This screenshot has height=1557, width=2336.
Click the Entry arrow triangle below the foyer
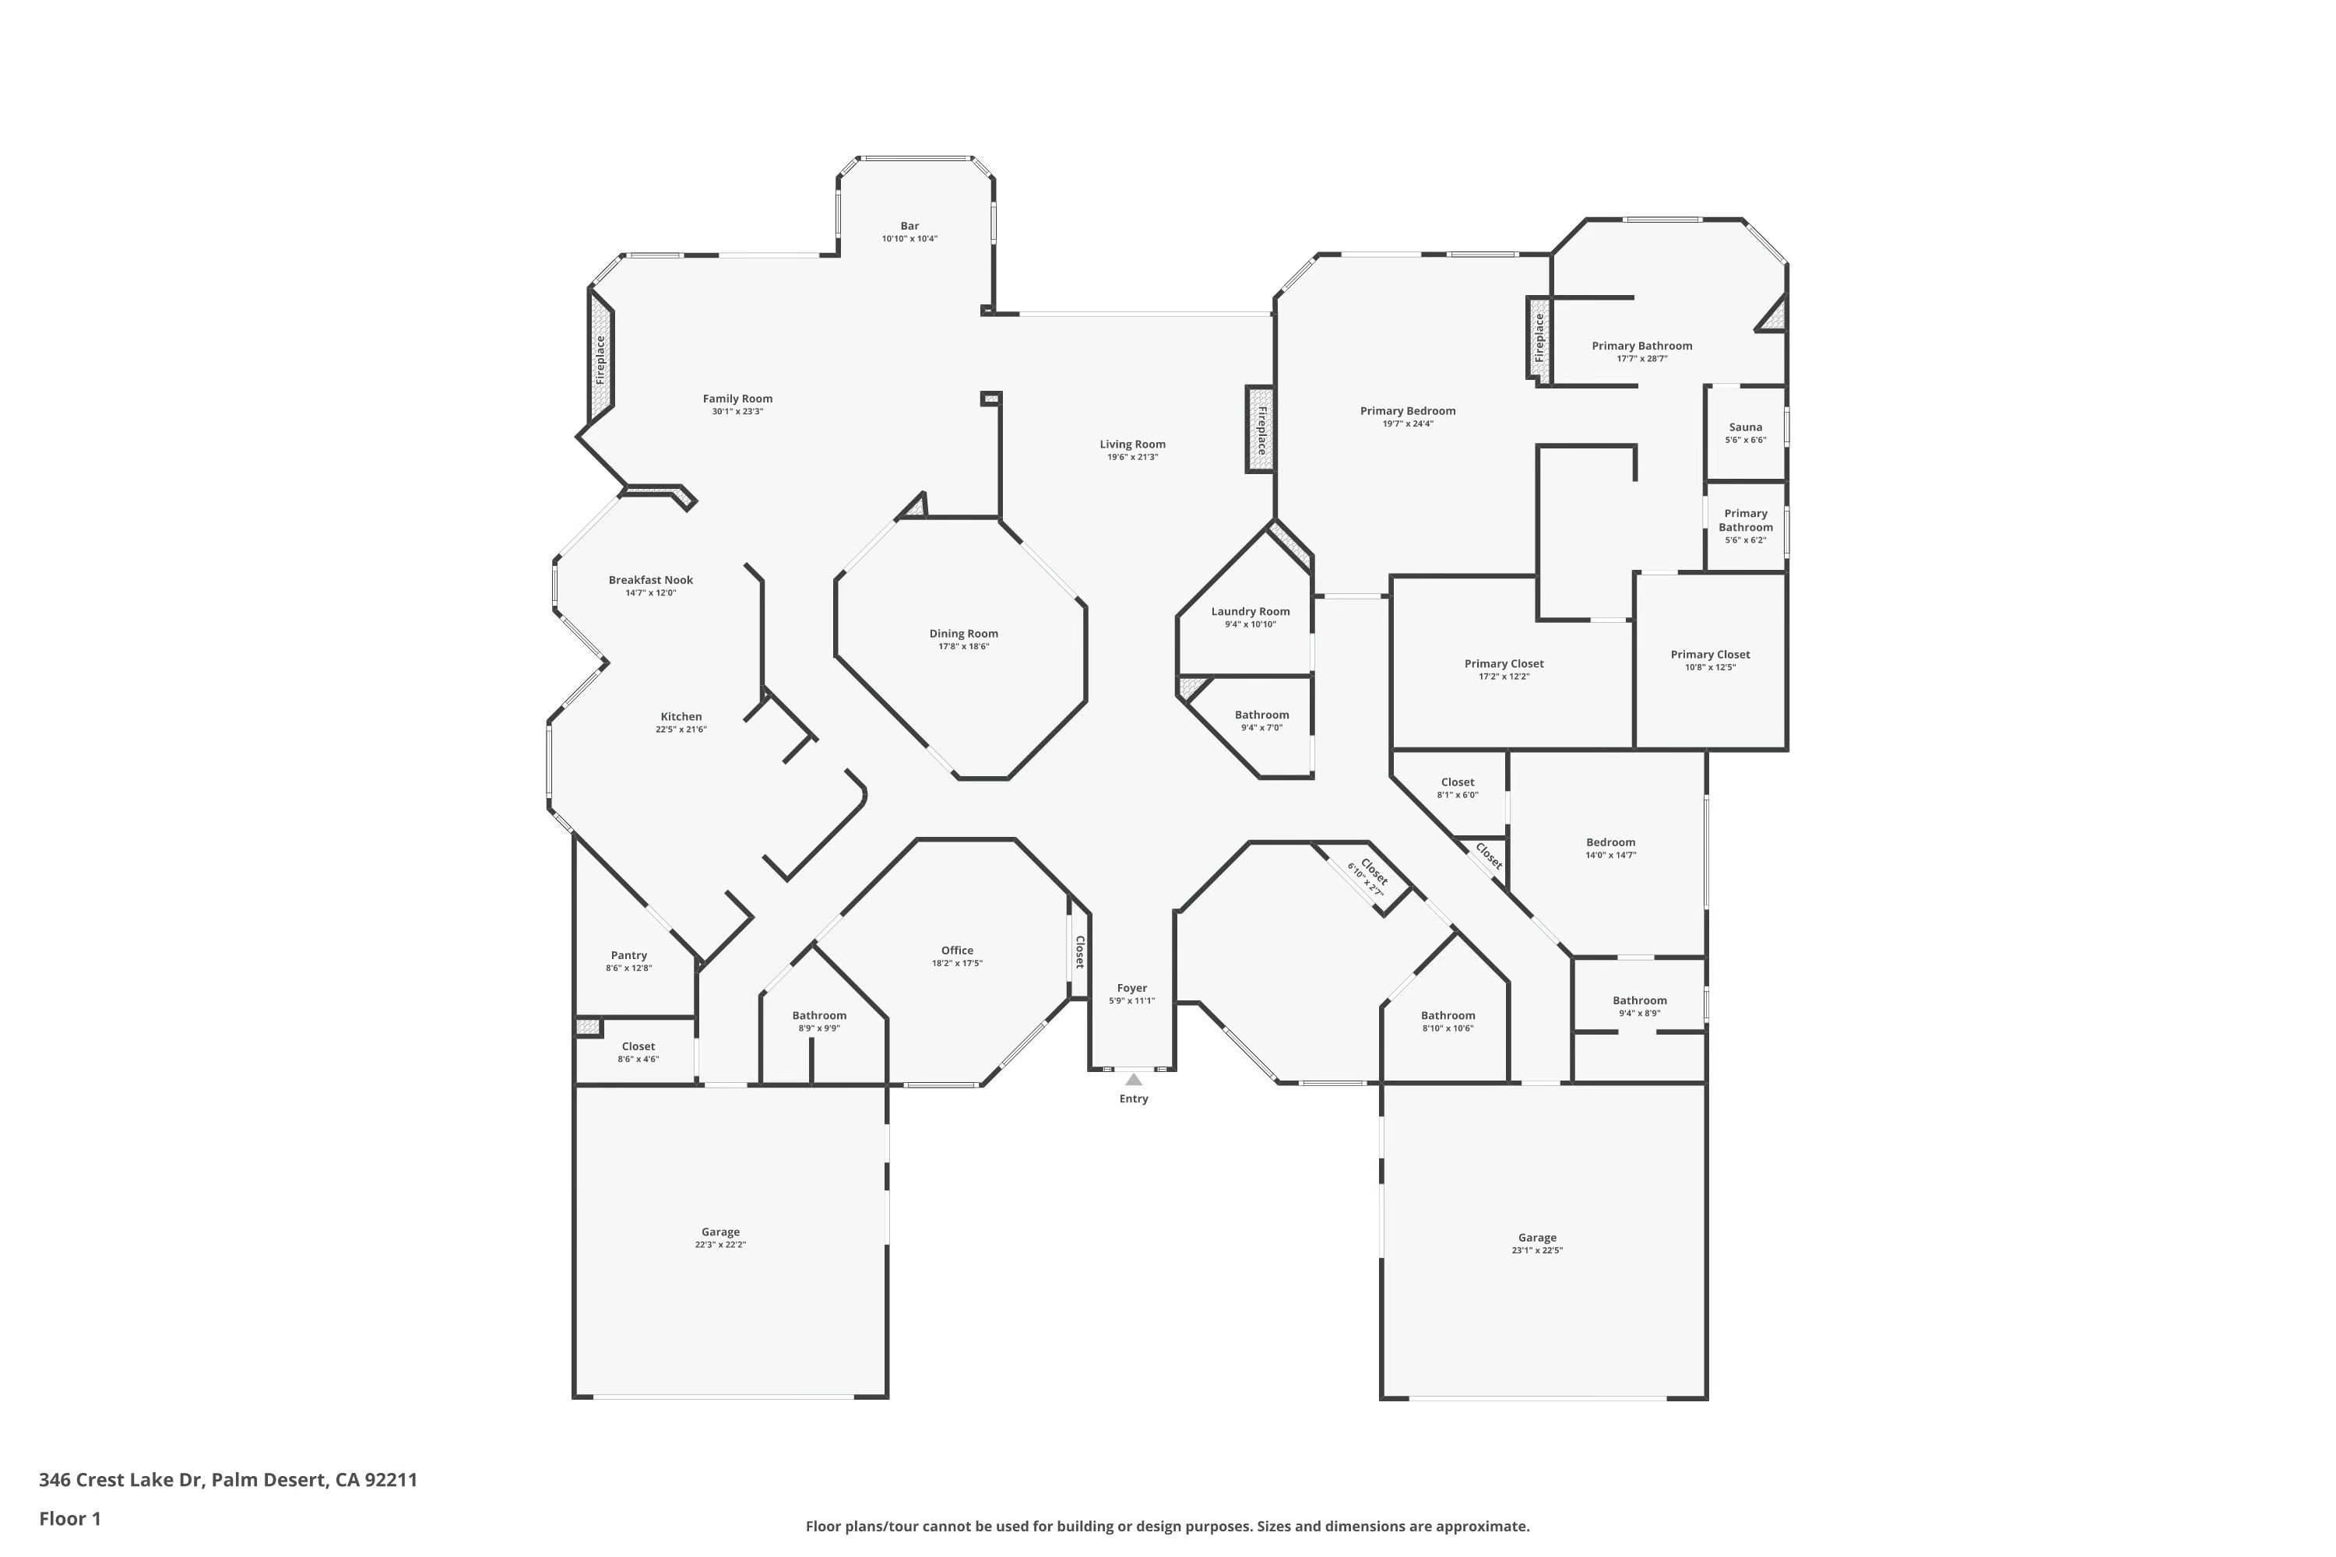tap(1133, 1079)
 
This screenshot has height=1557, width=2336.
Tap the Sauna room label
tap(1745, 427)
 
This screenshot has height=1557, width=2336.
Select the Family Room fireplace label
tap(600, 360)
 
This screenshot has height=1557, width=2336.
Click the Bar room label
tap(909, 226)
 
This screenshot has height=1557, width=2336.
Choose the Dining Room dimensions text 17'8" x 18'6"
tap(963, 646)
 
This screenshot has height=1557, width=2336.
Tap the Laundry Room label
tap(1250, 612)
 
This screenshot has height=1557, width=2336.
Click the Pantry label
tap(628, 955)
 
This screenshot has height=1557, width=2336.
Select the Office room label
tap(956, 951)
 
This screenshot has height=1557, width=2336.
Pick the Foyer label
tap(1131, 988)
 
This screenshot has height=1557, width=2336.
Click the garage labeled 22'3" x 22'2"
tap(720, 1237)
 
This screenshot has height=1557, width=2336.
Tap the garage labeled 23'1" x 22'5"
tap(1536, 1243)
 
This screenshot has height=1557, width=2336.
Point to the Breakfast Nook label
tap(650, 580)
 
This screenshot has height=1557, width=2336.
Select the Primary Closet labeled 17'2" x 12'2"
tap(1504, 670)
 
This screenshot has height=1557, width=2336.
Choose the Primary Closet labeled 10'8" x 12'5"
tap(1709, 660)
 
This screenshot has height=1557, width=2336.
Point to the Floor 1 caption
tap(69, 1518)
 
